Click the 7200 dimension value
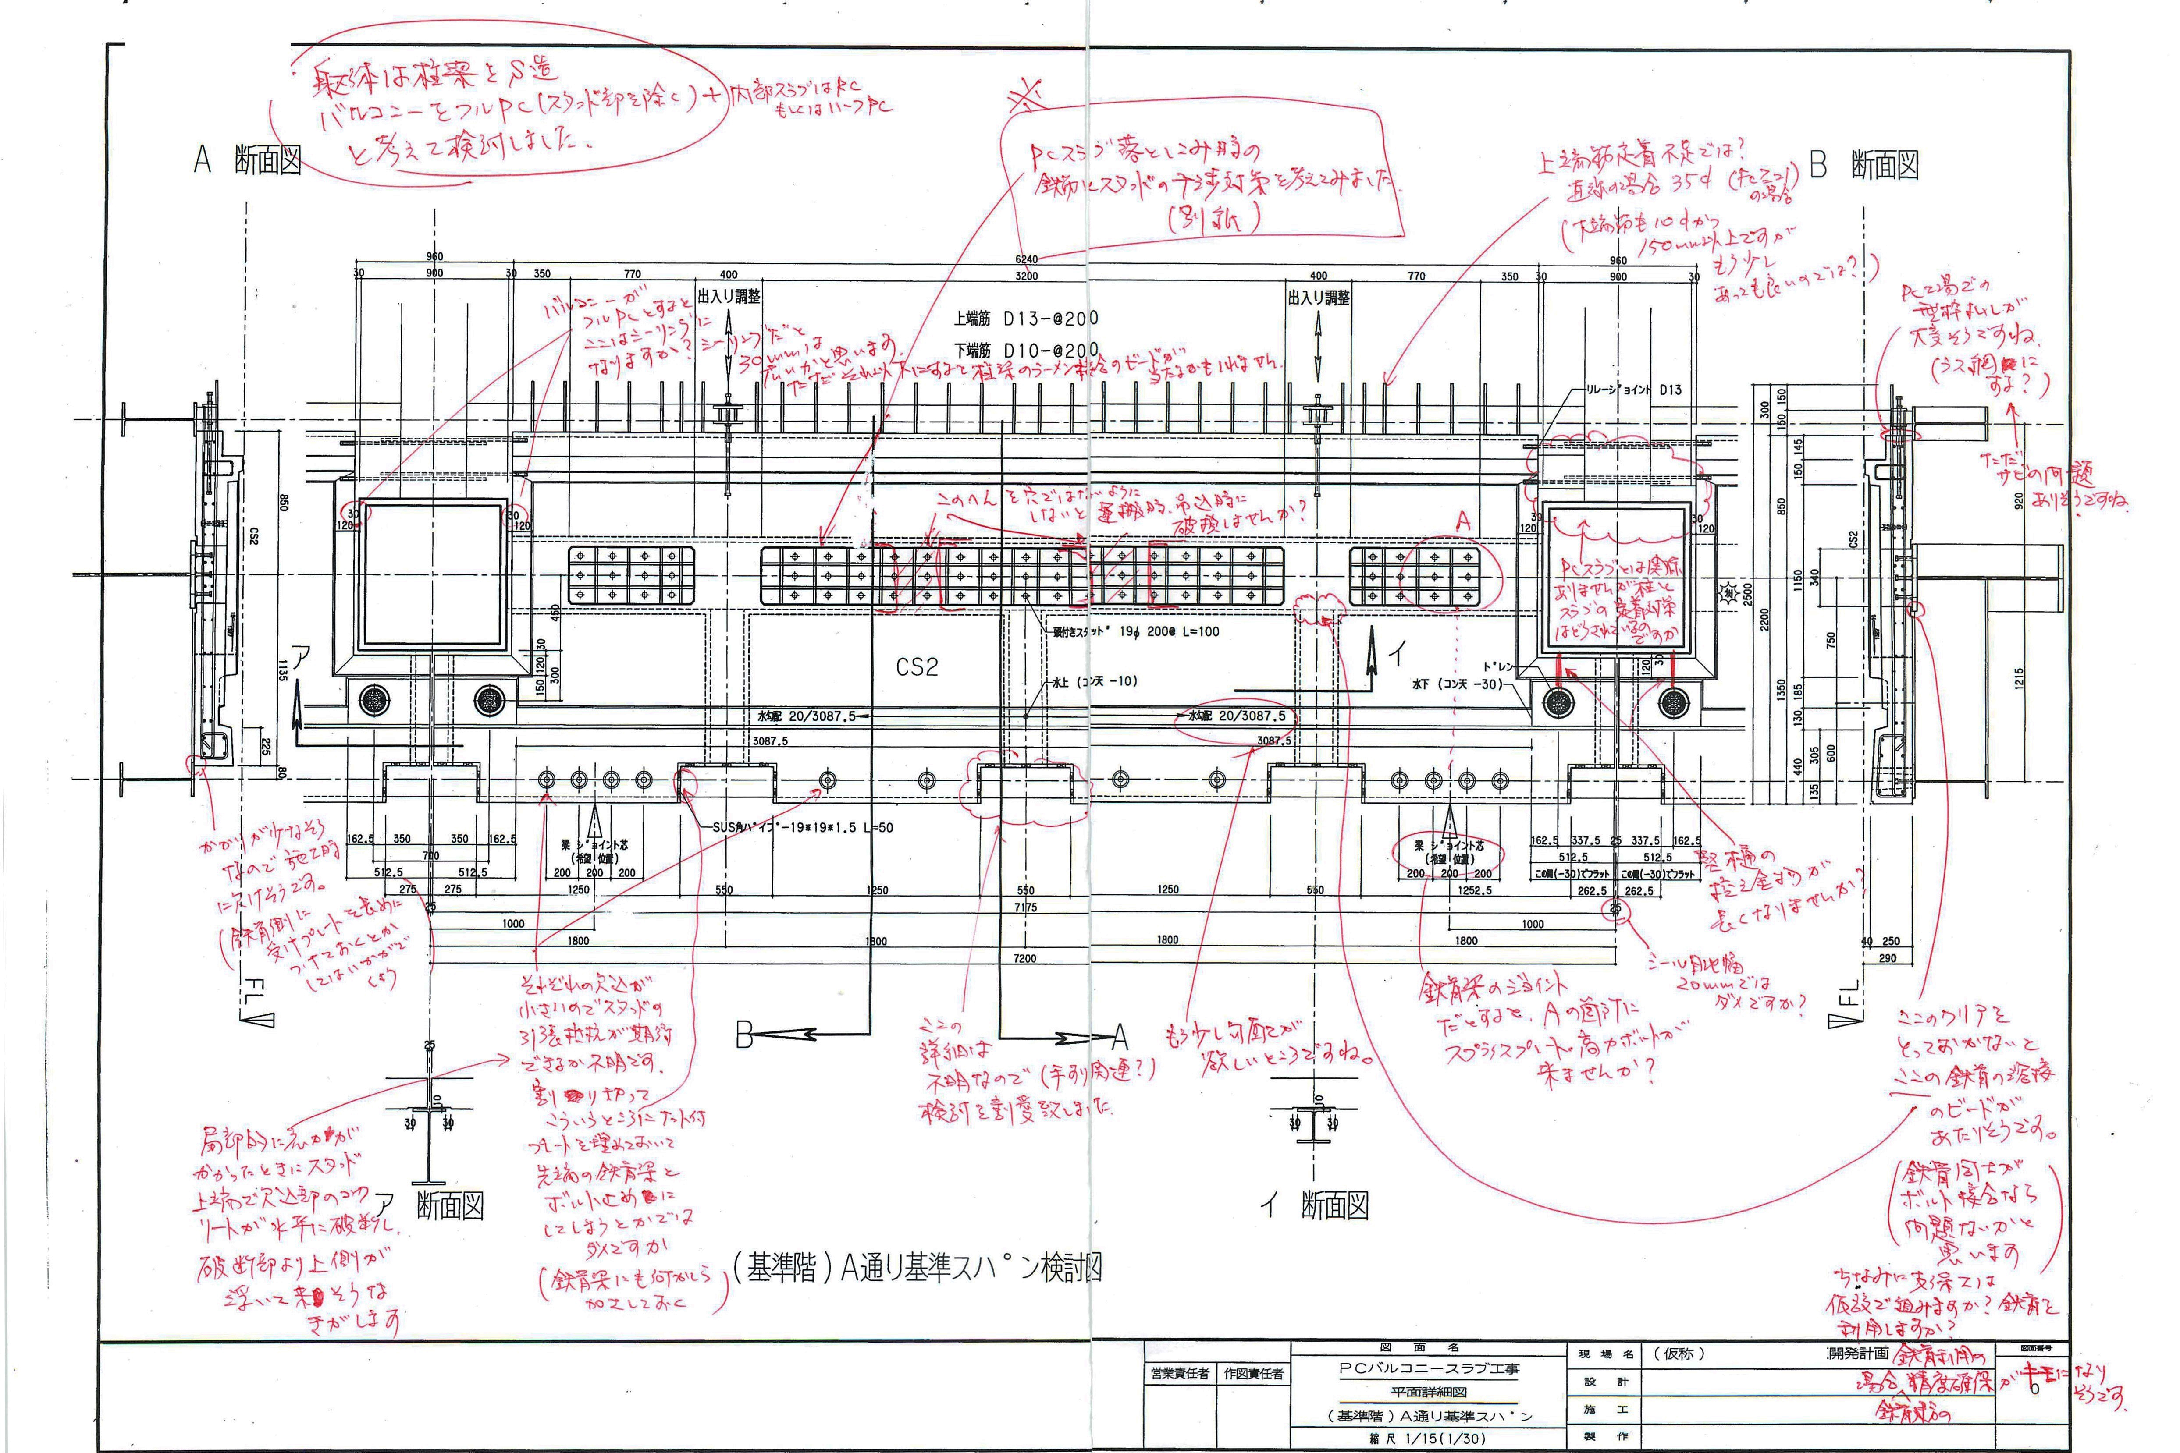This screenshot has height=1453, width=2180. (x=1025, y=958)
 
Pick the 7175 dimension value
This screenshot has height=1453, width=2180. (x=1025, y=907)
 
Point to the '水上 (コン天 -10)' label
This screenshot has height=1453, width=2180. (x=1094, y=681)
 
